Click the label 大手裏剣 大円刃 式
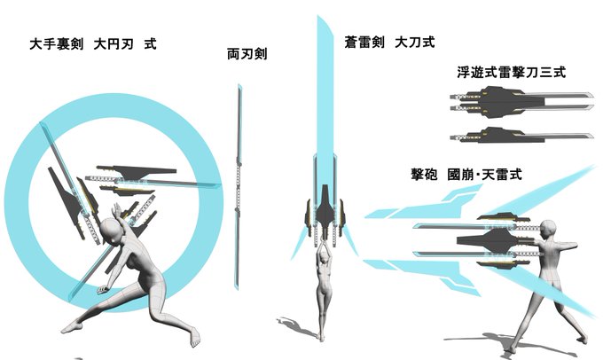point(93,43)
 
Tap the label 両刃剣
point(247,54)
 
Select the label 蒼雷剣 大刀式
point(389,42)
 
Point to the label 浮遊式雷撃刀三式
point(512,72)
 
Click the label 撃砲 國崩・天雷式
point(466,174)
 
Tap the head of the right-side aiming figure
point(549,231)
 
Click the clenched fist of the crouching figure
point(102,290)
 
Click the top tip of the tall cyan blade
point(318,16)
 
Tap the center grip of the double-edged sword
point(239,186)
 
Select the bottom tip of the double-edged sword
point(237,288)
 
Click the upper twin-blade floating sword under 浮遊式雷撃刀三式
point(521,101)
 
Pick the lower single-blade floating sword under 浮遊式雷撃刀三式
point(521,136)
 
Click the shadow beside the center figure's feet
point(296,326)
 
